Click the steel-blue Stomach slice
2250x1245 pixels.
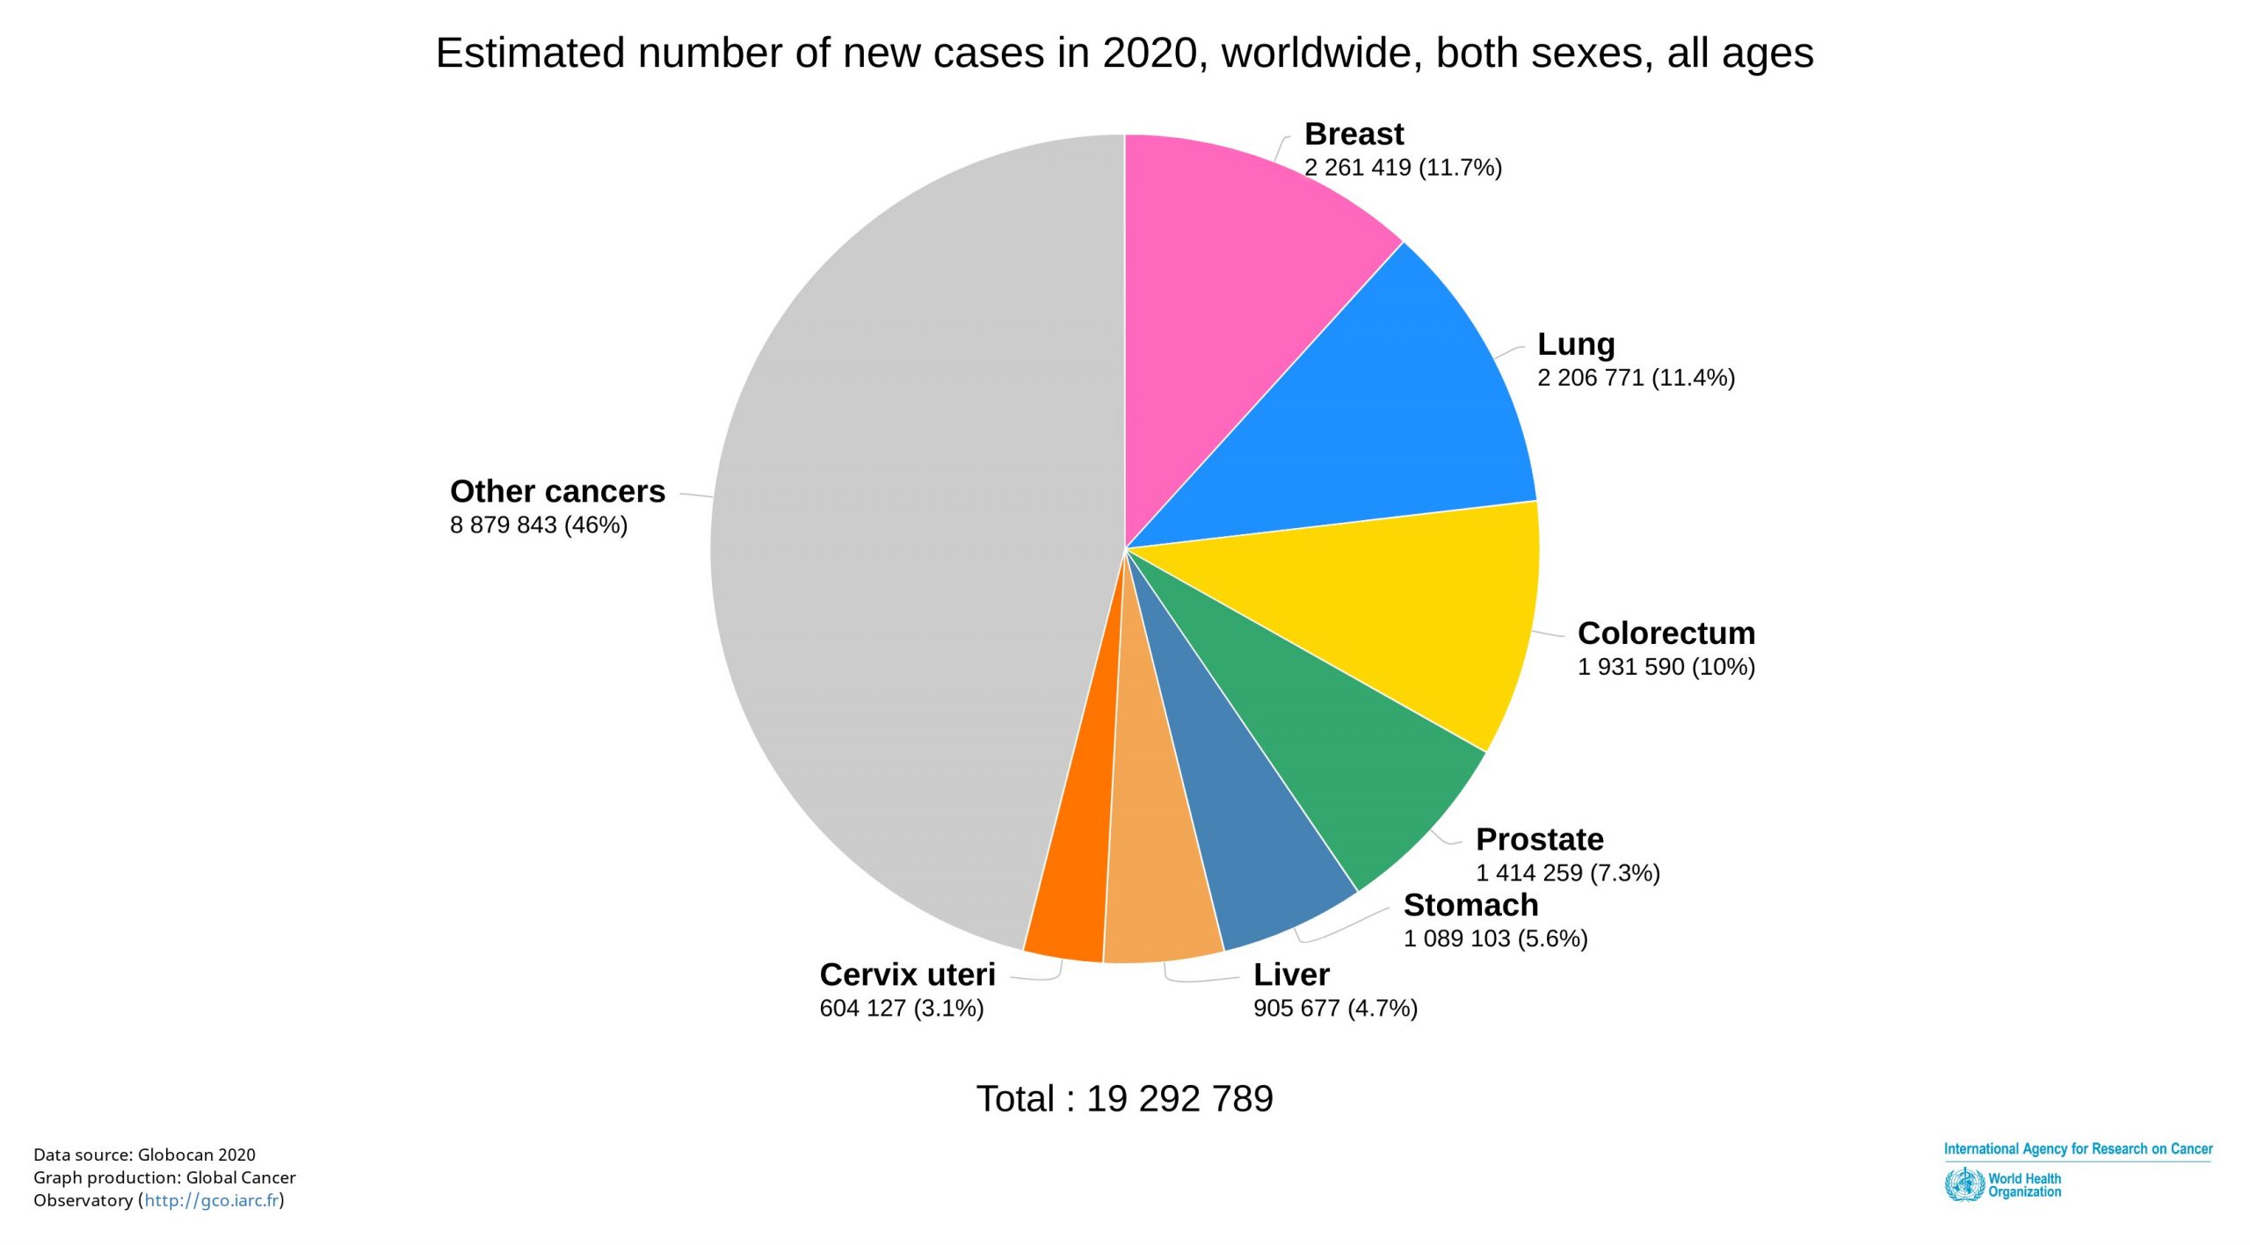click(1248, 843)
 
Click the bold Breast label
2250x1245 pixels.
click(1354, 134)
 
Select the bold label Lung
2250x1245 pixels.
click(1576, 344)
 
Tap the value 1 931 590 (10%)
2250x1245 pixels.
click(1666, 667)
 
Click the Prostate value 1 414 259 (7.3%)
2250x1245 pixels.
click(1567, 873)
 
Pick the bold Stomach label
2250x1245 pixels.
click(1470, 905)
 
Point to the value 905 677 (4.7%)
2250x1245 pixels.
click(1335, 1009)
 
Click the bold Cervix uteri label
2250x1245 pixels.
click(907, 974)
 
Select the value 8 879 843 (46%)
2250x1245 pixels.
click(539, 525)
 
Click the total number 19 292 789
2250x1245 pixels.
click(1179, 1099)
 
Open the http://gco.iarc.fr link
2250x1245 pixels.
click(211, 1201)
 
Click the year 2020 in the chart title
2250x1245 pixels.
click(1149, 54)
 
